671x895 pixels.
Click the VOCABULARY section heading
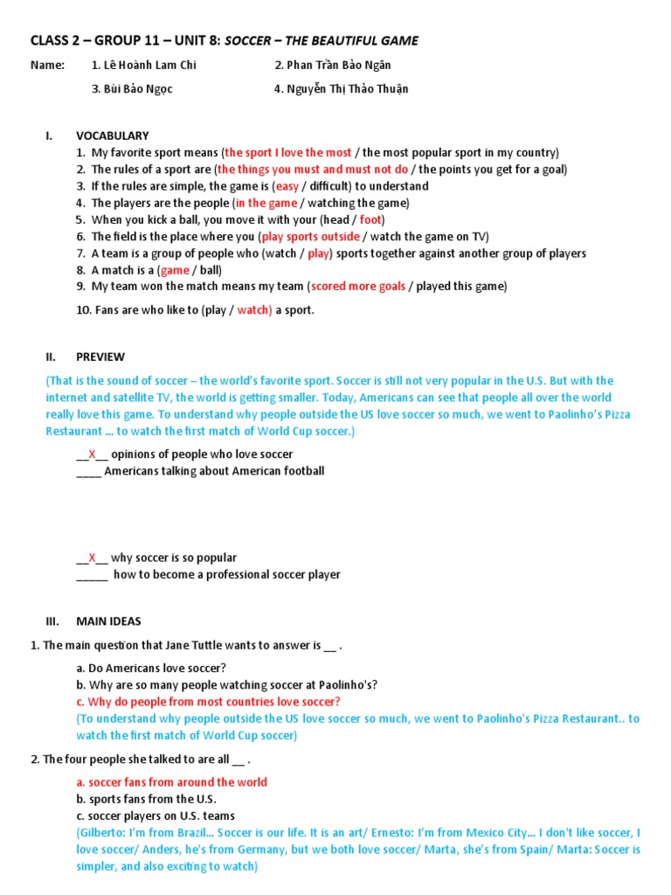pyautogui.click(x=113, y=135)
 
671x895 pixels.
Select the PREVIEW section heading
pyautogui.click(x=100, y=357)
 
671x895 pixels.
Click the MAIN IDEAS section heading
pyautogui.click(x=108, y=621)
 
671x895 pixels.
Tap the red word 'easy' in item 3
pyautogui.click(x=287, y=186)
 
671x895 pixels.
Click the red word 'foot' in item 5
pyautogui.click(x=370, y=219)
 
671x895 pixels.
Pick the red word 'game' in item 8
pyautogui.click(x=175, y=270)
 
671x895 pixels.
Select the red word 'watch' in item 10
pyautogui.click(x=254, y=309)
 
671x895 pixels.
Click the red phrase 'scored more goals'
pyautogui.click(x=358, y=287)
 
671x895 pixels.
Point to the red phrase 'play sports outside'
pyautogui.click(x=311, y=237)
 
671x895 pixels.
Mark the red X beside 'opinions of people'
pyautogui.click(x=92, y=454)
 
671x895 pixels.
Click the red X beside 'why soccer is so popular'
pyautogui.click(x=92, y=558)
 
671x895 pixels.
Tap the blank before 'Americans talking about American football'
pyautogui.click(x=88, y=472)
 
